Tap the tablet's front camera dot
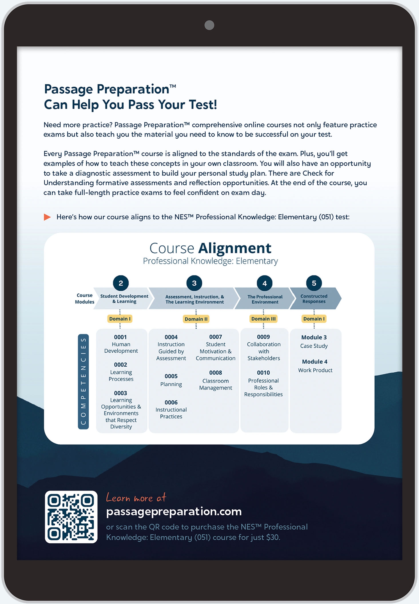point(209,25)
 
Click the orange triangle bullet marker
point(47,217)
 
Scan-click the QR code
point(71,517)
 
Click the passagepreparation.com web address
point(174,511)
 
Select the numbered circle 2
point(121,283)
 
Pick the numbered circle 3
point(194,283)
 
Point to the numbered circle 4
point(265,283)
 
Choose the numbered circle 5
point(314,283)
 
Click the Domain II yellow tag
point(196,319)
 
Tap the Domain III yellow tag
point(263,319)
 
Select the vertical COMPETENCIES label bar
point(83,381)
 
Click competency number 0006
point(171,402)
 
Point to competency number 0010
point(263,373)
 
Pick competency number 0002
point(120,365)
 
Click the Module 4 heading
point(315,361)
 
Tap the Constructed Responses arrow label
point(314,299)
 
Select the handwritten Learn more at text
point(136,498)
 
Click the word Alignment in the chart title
point(235,248)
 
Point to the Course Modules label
point(84,299)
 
